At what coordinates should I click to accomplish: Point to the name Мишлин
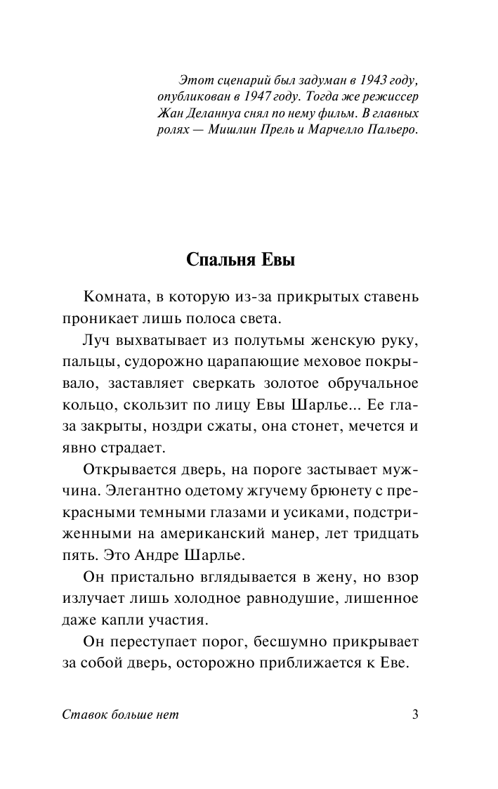pos(251,130)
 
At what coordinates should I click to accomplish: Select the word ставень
pos(393,296)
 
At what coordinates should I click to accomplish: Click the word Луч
pos(96,340)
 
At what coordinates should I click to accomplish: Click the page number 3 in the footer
pos(415,716)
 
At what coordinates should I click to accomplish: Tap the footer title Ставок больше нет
pos(121,716)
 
